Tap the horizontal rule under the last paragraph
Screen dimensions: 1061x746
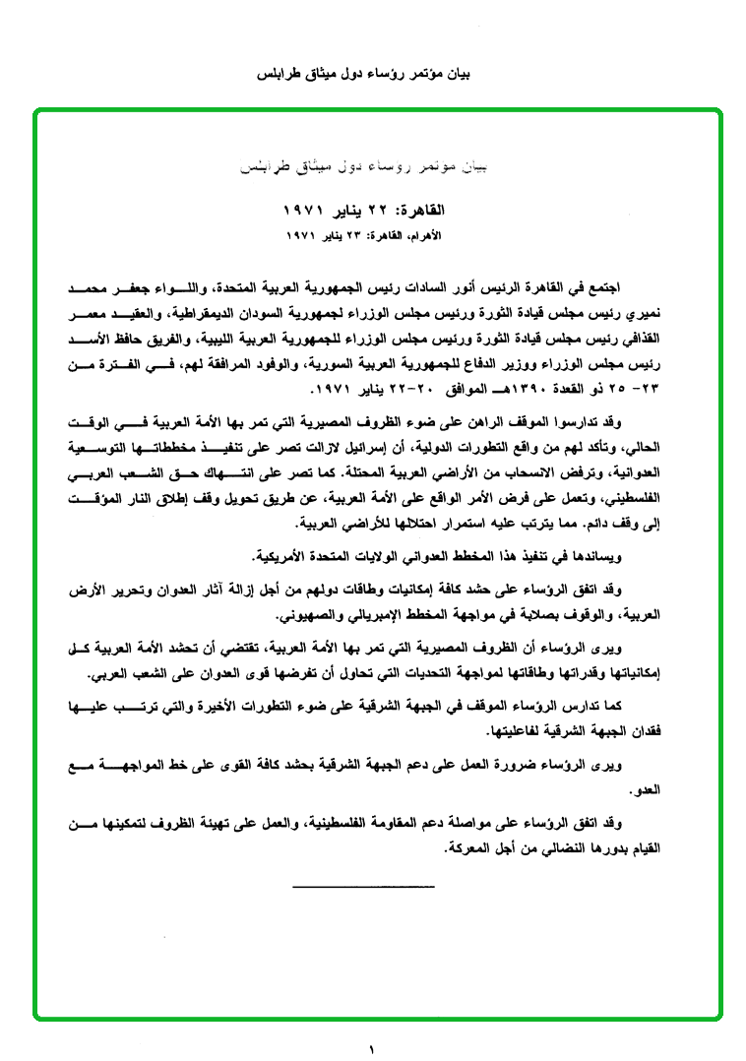point(363,888)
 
